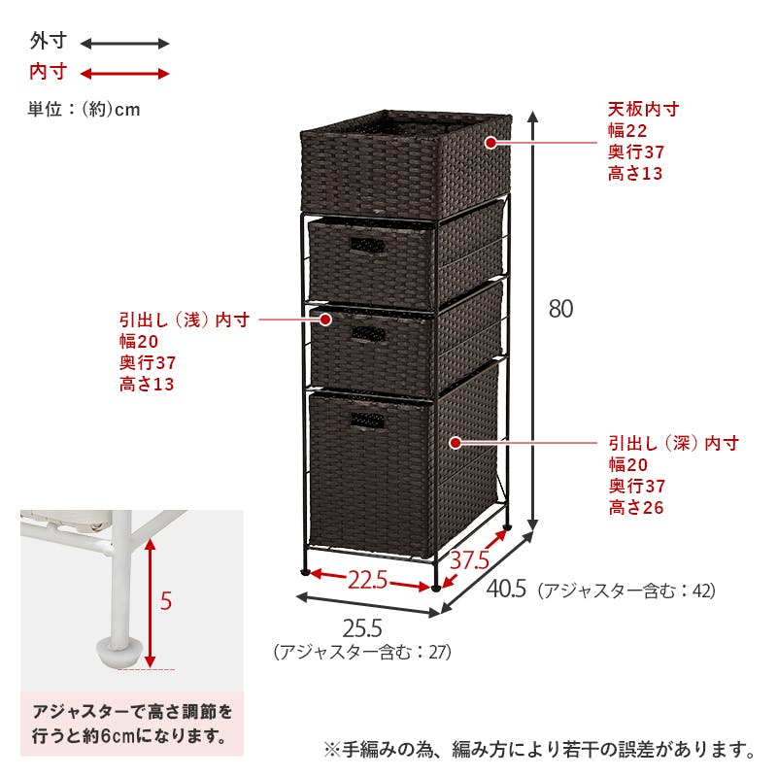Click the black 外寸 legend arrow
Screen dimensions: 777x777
point(125,44)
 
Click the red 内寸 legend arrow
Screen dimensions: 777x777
point(125,74)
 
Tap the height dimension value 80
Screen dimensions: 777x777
point(560,309)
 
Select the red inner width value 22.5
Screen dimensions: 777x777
point(367,579)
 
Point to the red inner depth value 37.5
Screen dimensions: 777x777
point(469,560)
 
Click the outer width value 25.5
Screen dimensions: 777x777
point(362,628)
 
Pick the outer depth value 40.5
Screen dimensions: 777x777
point(506,589)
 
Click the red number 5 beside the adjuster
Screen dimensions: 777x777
point(166,601)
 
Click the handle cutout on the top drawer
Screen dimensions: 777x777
point(368,246)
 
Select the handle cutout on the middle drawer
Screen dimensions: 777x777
point(368,333)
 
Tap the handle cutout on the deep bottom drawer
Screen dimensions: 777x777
point(368,421)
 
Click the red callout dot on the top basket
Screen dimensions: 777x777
point(490,143)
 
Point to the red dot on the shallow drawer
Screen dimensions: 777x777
point(325,320)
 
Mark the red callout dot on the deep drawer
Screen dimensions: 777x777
point(456,443)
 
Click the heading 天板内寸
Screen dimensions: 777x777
point(643,109)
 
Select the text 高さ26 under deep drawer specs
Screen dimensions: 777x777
point(636,507)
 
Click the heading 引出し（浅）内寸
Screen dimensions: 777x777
point(185,320)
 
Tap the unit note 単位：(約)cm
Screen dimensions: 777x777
point(84,109)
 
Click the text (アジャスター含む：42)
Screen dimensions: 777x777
point(626,591)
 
